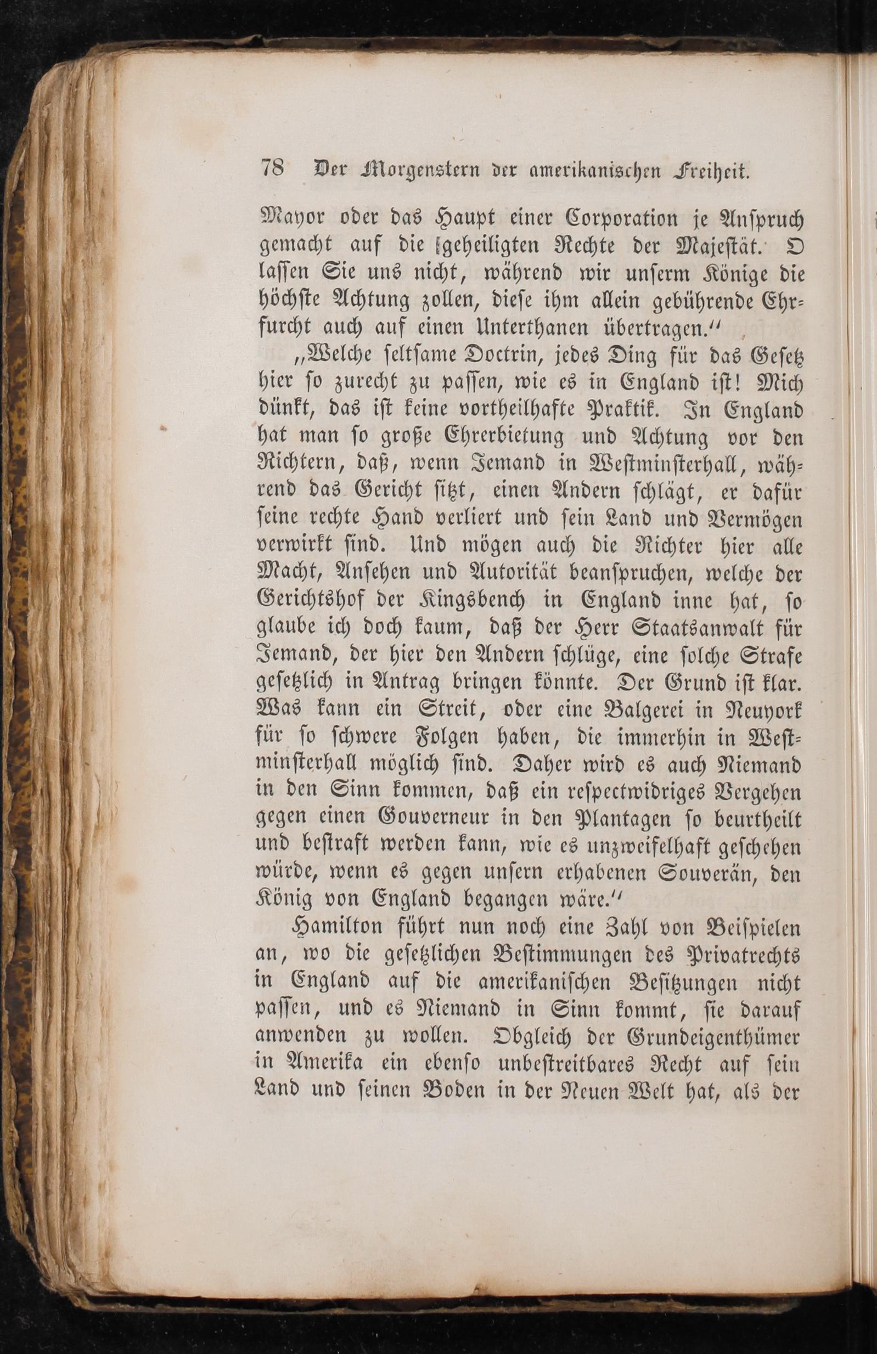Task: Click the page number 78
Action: (273, 169)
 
